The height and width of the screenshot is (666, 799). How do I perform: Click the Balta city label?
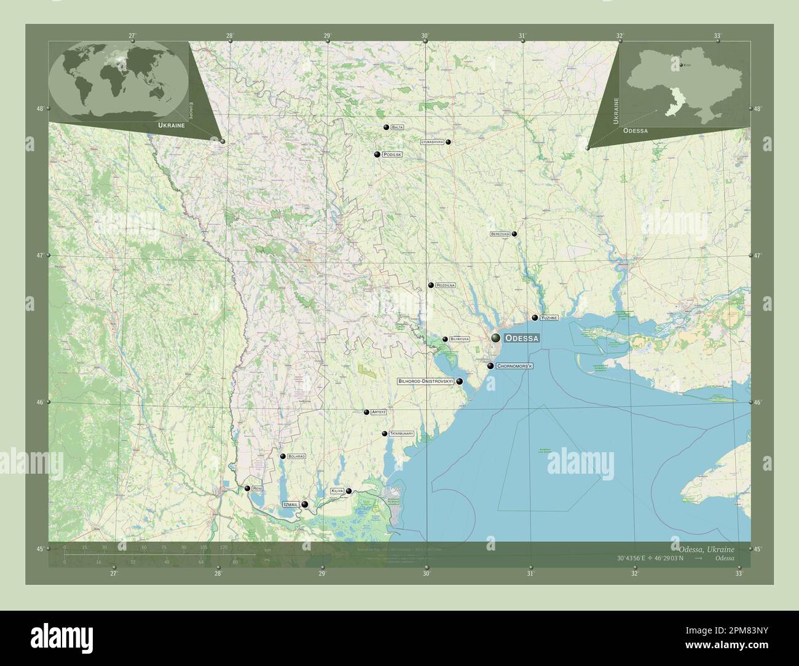click(x=397, y=127)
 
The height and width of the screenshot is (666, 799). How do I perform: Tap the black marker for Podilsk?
click(x=376, y=155)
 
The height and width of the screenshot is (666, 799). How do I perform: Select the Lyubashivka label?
click(x=432, y=142)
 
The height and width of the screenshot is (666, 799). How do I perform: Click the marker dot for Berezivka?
click(x=514, y=234)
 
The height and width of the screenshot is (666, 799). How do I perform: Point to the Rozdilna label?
click(x=445, y=286)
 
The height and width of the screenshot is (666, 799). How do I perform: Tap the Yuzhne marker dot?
click(x=535, y=318)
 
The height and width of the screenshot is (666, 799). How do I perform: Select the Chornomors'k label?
click(x=514, y=366)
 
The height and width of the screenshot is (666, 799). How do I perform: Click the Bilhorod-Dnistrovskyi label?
click(x=425, y=382)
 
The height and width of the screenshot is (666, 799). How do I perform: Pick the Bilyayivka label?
click(x=460, y=339)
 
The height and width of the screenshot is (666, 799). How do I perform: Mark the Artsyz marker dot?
click(x=366, y=412)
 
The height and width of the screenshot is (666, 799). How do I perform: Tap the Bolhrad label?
click(x=296, y=457)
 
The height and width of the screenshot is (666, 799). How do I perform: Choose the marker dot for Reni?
click(x=247, y=488)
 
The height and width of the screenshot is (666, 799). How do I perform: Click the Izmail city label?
click(x=291, y=504)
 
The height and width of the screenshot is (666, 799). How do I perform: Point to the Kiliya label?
click(x=337, y=491)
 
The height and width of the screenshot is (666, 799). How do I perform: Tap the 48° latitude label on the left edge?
click(x=40, y=109)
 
